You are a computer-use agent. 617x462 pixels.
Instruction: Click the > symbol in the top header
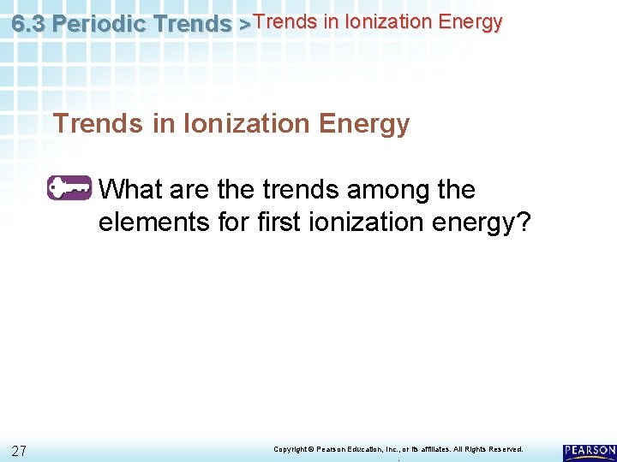pyautogui.click(x=244, y=25)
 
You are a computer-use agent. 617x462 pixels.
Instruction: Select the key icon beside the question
pyautogui.click(x=69, y=187)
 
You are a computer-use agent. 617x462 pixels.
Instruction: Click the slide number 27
pyautogui.click(x=20, y=450)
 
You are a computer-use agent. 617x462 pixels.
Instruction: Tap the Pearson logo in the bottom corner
pyautogui.click(x=590, y=452)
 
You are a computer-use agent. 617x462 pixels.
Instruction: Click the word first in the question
pyautogui.click(x=279, y=222)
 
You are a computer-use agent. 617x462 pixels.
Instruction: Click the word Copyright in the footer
pyautogui.click(x=289, y=449)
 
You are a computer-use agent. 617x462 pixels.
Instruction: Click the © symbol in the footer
pyautogui.click(x=312, y=449)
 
